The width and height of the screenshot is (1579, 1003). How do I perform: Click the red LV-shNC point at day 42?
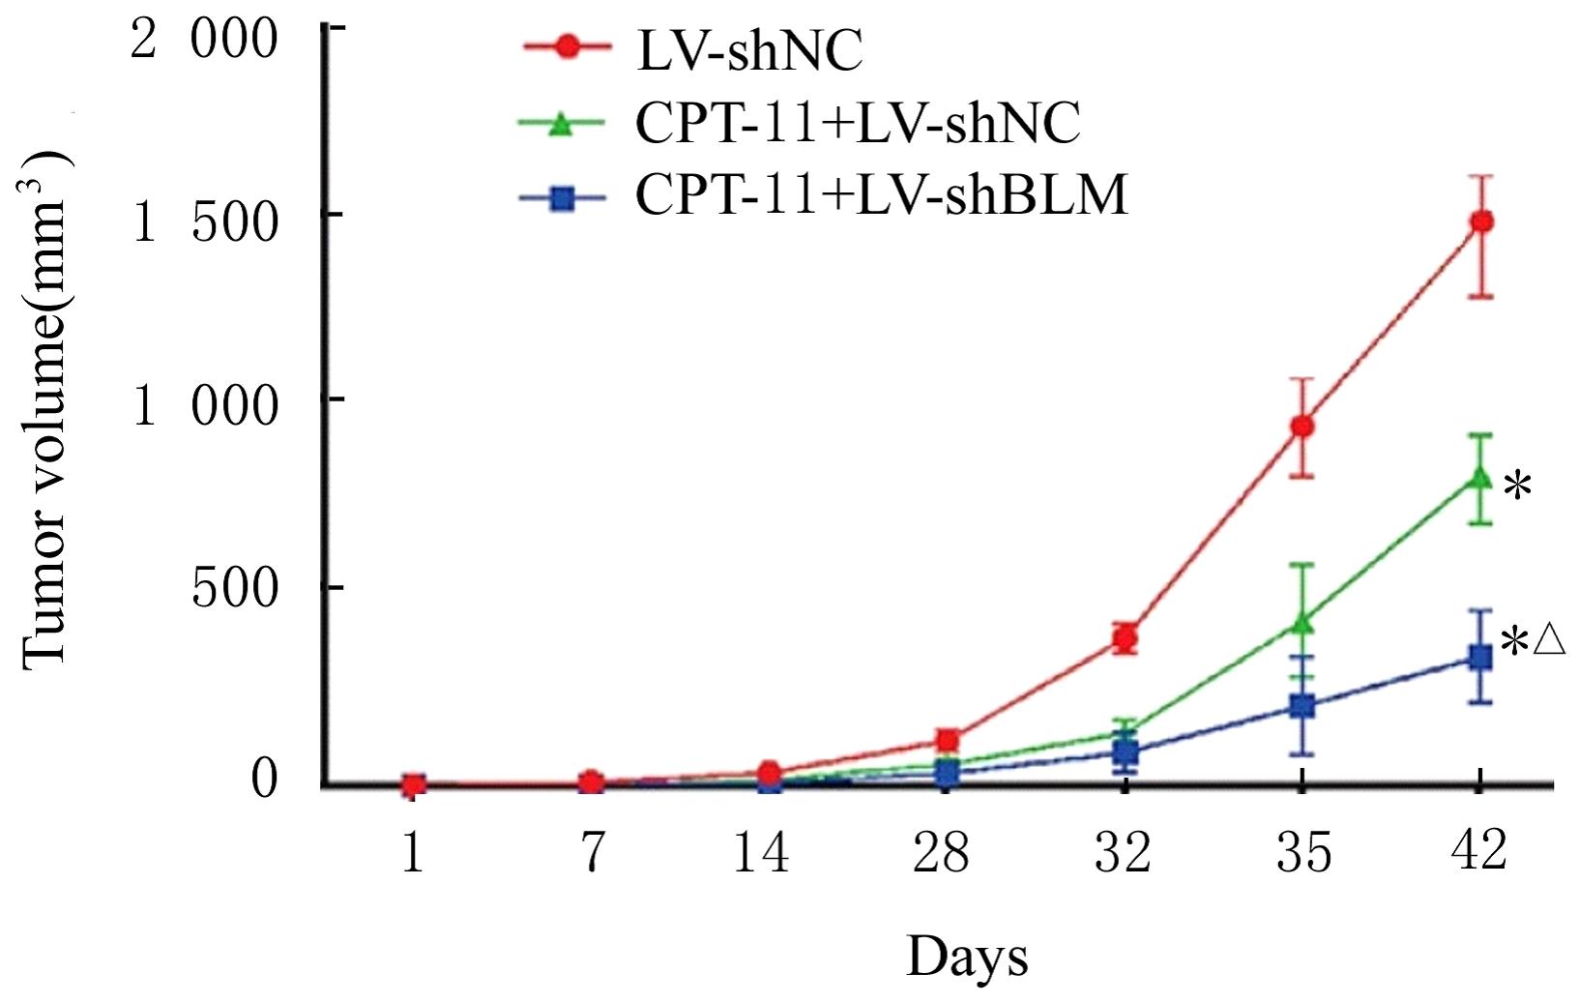pos(1480,221)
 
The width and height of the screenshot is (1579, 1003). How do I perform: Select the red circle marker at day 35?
pos(1302,426)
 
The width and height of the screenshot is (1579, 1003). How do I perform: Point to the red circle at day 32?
pos(1124,638)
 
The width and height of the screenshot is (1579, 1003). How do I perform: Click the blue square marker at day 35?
pos(1302,706)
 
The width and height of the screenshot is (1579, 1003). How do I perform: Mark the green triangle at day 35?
pos(1302,623)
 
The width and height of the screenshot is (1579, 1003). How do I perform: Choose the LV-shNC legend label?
pos(749,50)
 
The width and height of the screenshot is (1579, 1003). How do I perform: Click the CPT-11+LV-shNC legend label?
pos(858,124)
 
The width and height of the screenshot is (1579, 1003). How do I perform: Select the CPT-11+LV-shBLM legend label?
pos(881,196)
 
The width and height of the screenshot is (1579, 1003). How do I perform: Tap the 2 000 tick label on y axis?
pos(204,42)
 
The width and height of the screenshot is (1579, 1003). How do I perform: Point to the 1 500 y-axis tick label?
pos(204,223)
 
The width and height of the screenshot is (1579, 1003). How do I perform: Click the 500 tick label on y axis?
pos(235,588)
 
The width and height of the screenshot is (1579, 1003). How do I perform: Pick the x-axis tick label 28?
pos(941,853)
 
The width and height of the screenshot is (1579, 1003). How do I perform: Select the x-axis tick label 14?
pos(761,853)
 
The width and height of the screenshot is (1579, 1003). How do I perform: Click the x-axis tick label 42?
pos(1479,851)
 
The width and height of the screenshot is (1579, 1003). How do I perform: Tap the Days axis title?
pos(967,958)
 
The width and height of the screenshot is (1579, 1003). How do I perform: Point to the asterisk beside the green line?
pos(1517,487)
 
